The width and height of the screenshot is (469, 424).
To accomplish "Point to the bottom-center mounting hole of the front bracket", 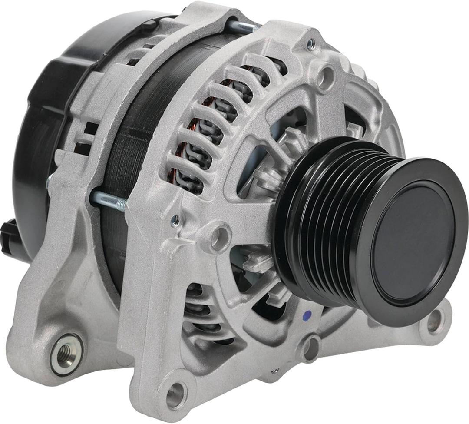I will point(175,395).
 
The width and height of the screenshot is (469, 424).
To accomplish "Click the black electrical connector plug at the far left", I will point(11,237).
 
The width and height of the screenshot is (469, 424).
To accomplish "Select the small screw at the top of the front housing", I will point(311,43).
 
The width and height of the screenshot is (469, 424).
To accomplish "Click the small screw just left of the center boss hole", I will point(175,221).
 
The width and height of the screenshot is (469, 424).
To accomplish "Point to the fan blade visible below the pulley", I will point(261,261).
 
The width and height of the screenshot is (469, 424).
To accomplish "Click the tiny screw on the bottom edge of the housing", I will point(274,371).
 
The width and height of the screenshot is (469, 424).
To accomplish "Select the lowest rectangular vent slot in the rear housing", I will point(83,148).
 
